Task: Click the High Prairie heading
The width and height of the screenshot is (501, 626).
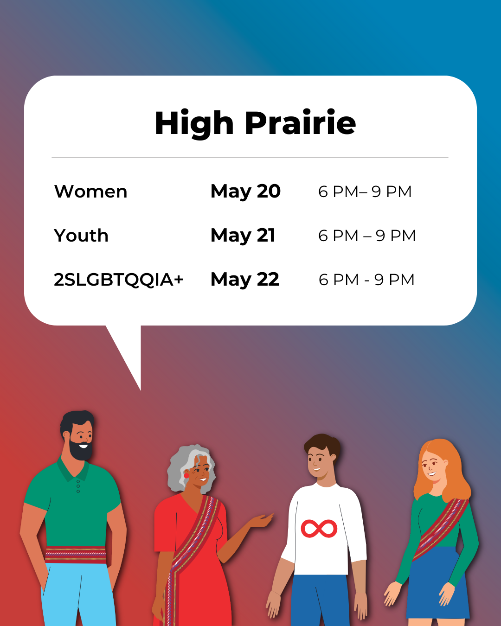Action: pos(255,123)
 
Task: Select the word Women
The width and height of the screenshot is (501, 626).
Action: pos(91,192)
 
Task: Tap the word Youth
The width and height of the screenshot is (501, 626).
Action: pos(81,236)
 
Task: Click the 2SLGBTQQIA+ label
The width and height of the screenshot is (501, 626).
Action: pos(119,280)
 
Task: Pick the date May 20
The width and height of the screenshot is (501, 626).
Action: pos(245,192)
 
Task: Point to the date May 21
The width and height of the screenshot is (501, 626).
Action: pos(243,236)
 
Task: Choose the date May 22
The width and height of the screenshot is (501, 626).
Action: pos(245,280)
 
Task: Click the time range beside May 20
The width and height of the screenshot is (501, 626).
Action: pos(365,192)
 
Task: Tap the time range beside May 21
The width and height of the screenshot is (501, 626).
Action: pos(367,236)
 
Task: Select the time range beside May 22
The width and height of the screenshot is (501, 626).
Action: pos(366,280)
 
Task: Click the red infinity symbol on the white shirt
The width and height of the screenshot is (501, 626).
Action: pos(319,529)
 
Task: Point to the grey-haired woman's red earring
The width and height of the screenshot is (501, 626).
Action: pos(186,475)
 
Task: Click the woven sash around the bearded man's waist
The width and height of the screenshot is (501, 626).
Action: pos(76,555)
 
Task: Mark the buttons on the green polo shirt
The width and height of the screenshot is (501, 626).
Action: pos(78,486)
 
